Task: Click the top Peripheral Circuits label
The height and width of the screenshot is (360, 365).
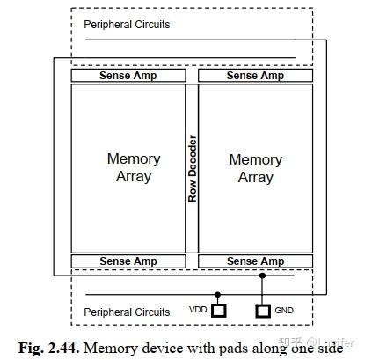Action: (127, 25)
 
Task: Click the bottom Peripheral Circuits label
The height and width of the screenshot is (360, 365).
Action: (127, 312)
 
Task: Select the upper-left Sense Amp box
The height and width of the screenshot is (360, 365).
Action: (128, 76)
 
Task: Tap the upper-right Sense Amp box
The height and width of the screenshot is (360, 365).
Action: (255, 76)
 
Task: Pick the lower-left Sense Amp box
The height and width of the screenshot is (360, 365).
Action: (128, 261)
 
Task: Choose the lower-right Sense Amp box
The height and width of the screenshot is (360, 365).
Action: (255, 261)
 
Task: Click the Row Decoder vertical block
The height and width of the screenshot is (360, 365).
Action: (192, 168)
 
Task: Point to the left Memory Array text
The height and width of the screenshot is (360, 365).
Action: (133, 167)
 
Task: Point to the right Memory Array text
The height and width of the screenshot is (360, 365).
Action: (255, 168)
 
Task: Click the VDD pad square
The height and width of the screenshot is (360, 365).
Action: (219, 311)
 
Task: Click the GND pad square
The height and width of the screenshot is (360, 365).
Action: (262, 311)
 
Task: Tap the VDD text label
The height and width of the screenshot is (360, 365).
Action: (198, 311)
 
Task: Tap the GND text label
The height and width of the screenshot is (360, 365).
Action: (284, 311)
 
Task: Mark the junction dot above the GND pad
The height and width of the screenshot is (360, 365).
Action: (262, 276)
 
